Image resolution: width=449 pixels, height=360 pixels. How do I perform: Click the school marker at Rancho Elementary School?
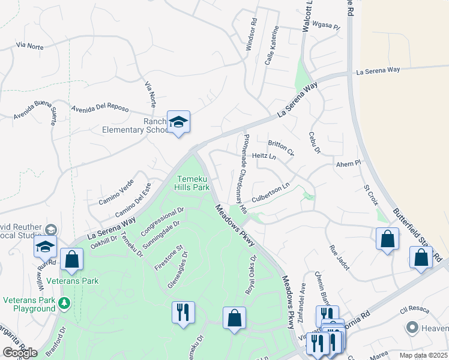(x=178, y=122)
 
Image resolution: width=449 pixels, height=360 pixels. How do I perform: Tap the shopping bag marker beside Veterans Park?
(x=71, y=260)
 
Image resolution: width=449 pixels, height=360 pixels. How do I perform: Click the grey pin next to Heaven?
(x=412, y=328)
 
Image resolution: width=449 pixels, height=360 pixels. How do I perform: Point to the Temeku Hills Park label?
(x=192, y=183)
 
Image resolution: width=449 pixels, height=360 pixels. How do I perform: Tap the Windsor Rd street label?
(x=252, y=37)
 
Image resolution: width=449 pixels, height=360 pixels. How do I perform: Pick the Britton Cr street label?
(x=281, y=147)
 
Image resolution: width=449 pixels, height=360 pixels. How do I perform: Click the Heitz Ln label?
(x=264, y=156)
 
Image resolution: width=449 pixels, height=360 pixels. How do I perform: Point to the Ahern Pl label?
(x=348, y=163)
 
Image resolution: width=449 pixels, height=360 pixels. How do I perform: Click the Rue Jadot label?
(x=339, y=256)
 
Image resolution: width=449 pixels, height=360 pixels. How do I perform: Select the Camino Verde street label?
(x=116, y=191)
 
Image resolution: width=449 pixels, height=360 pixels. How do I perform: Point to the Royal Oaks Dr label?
(x=251, y=275)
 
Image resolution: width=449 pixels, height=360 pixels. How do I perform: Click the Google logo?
(x=20, y=352)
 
